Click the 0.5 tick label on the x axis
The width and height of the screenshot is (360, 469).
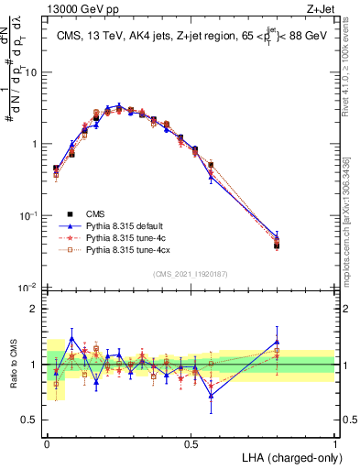coord(191,442)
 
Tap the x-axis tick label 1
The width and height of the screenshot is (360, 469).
coord(334,442)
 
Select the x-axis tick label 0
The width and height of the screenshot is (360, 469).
coord(48,442)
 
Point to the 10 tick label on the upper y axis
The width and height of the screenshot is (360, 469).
coord(33,72)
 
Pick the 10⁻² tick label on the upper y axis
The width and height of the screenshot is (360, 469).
coord(31,288)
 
